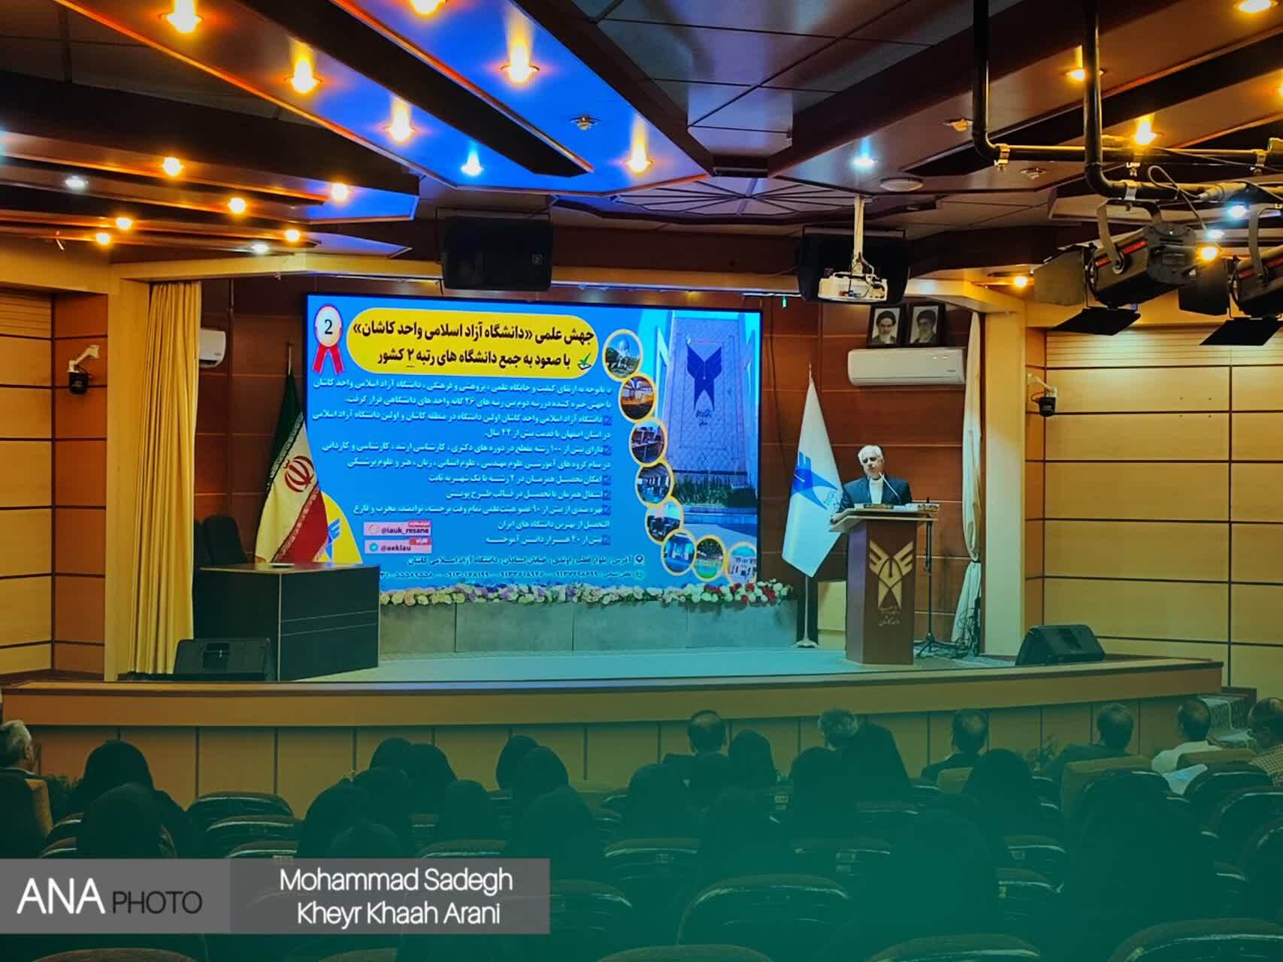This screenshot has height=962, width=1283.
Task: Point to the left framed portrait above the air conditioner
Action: tap(885, 325)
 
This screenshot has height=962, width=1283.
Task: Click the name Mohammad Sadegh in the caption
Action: tap(396, 880)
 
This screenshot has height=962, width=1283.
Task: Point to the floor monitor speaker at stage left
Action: tap(224, 658)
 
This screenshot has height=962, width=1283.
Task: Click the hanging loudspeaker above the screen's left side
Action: tap(498, 256)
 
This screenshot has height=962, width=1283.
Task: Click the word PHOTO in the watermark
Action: tap(158, 901)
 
